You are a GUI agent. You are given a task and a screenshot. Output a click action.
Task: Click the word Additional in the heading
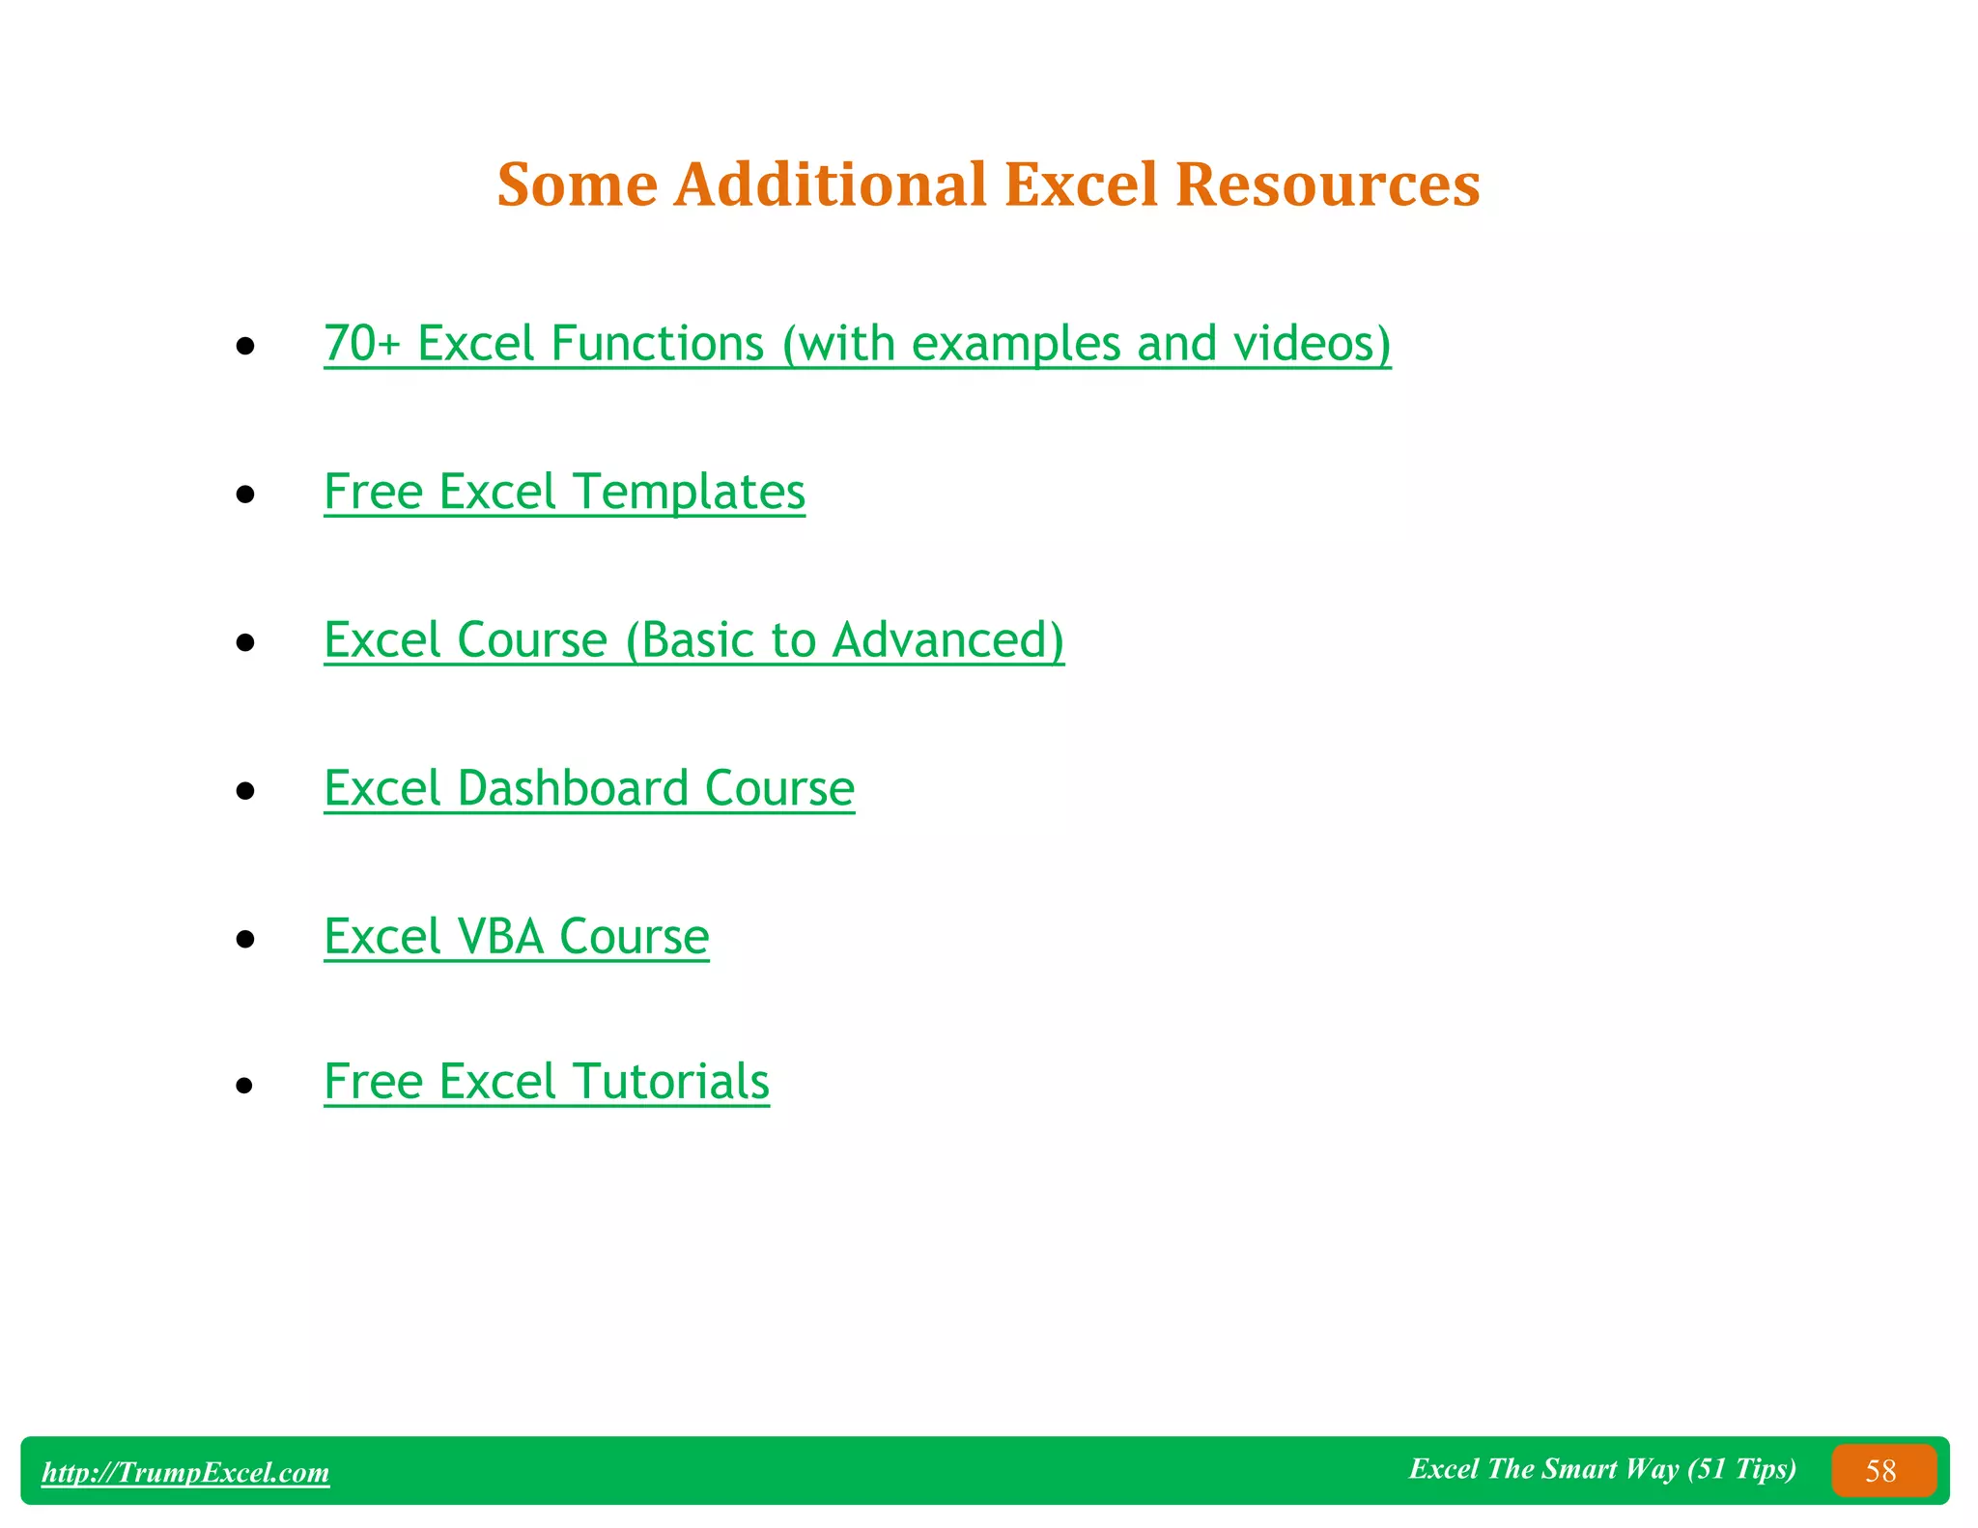click(830, 184)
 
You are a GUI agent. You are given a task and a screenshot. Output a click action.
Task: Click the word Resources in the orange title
click(1327, 184)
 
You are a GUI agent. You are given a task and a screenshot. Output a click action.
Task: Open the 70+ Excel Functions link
click(857, 344)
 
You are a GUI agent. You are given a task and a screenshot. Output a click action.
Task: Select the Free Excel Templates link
click(564, 492)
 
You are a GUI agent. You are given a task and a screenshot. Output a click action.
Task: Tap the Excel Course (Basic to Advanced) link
click(693, 640)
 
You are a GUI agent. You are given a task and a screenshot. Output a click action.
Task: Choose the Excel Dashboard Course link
click(589, 788)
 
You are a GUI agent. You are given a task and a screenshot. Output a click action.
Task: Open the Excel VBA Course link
click(517, 937)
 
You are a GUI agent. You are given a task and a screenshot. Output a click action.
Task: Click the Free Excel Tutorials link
click(547, 1082)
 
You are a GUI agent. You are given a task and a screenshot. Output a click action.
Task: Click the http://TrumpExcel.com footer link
click(185, 1472)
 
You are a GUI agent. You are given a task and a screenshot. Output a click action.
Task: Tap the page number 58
click(1880, 1471)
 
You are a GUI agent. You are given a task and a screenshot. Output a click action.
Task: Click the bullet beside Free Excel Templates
click(245, 495)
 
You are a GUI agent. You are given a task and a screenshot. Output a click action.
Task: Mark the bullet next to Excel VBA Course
click(245, 939)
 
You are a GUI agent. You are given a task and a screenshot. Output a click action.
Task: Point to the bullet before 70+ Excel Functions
click(245, 346)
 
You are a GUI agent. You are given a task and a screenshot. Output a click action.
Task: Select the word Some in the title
click(577, 184)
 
